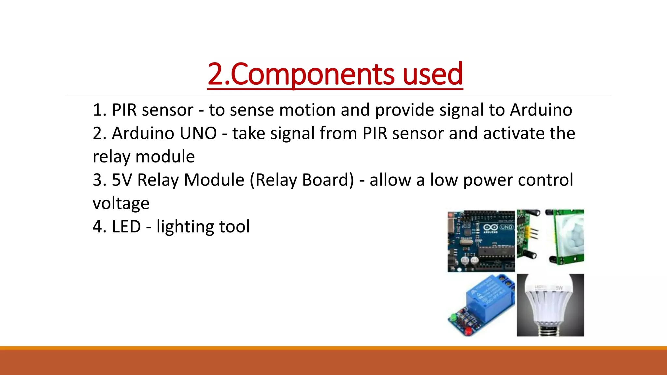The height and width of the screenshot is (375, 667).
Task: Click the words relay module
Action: click(x=144, y=157)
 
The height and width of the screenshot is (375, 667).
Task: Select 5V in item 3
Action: click(x=122, y=180)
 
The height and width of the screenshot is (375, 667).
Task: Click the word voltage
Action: click(x=121, y=203)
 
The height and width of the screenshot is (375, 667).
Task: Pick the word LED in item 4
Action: click(x=126, y=227)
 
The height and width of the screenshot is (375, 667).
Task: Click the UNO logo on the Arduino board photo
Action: click(x=506, y=227)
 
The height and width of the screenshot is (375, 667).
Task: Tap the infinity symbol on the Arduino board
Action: click(x=490, y=227)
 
